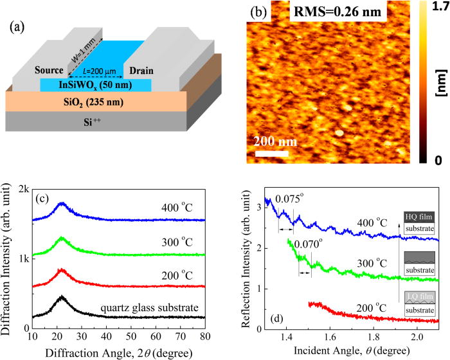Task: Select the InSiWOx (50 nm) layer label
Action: click(x=96, y=85)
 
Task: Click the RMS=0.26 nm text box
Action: click(x=337, y=11)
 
